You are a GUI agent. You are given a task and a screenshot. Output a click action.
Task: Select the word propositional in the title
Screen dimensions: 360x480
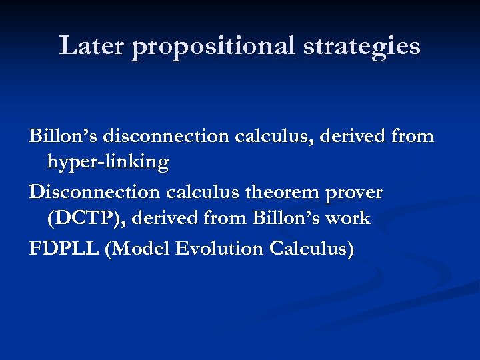click(x=213, y=47)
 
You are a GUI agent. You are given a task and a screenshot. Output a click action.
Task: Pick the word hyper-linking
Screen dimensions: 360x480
click(x=107, y=162)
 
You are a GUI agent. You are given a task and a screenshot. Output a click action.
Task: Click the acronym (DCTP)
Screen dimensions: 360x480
click(x=81, y=219)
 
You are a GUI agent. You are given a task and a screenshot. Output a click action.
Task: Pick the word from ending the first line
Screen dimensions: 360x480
click(x=412, y=137)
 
